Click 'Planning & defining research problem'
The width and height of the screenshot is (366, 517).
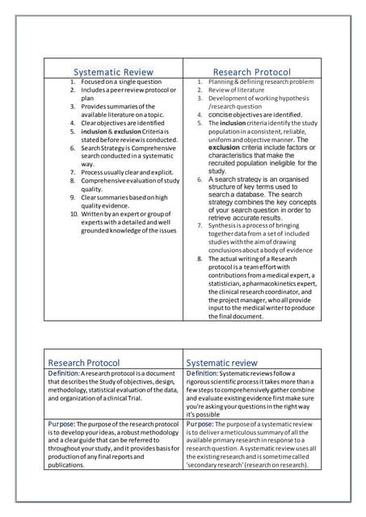(261, 82)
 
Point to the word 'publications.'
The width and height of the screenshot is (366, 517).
(71, 465)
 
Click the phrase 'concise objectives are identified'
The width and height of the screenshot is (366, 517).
(255, 115)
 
